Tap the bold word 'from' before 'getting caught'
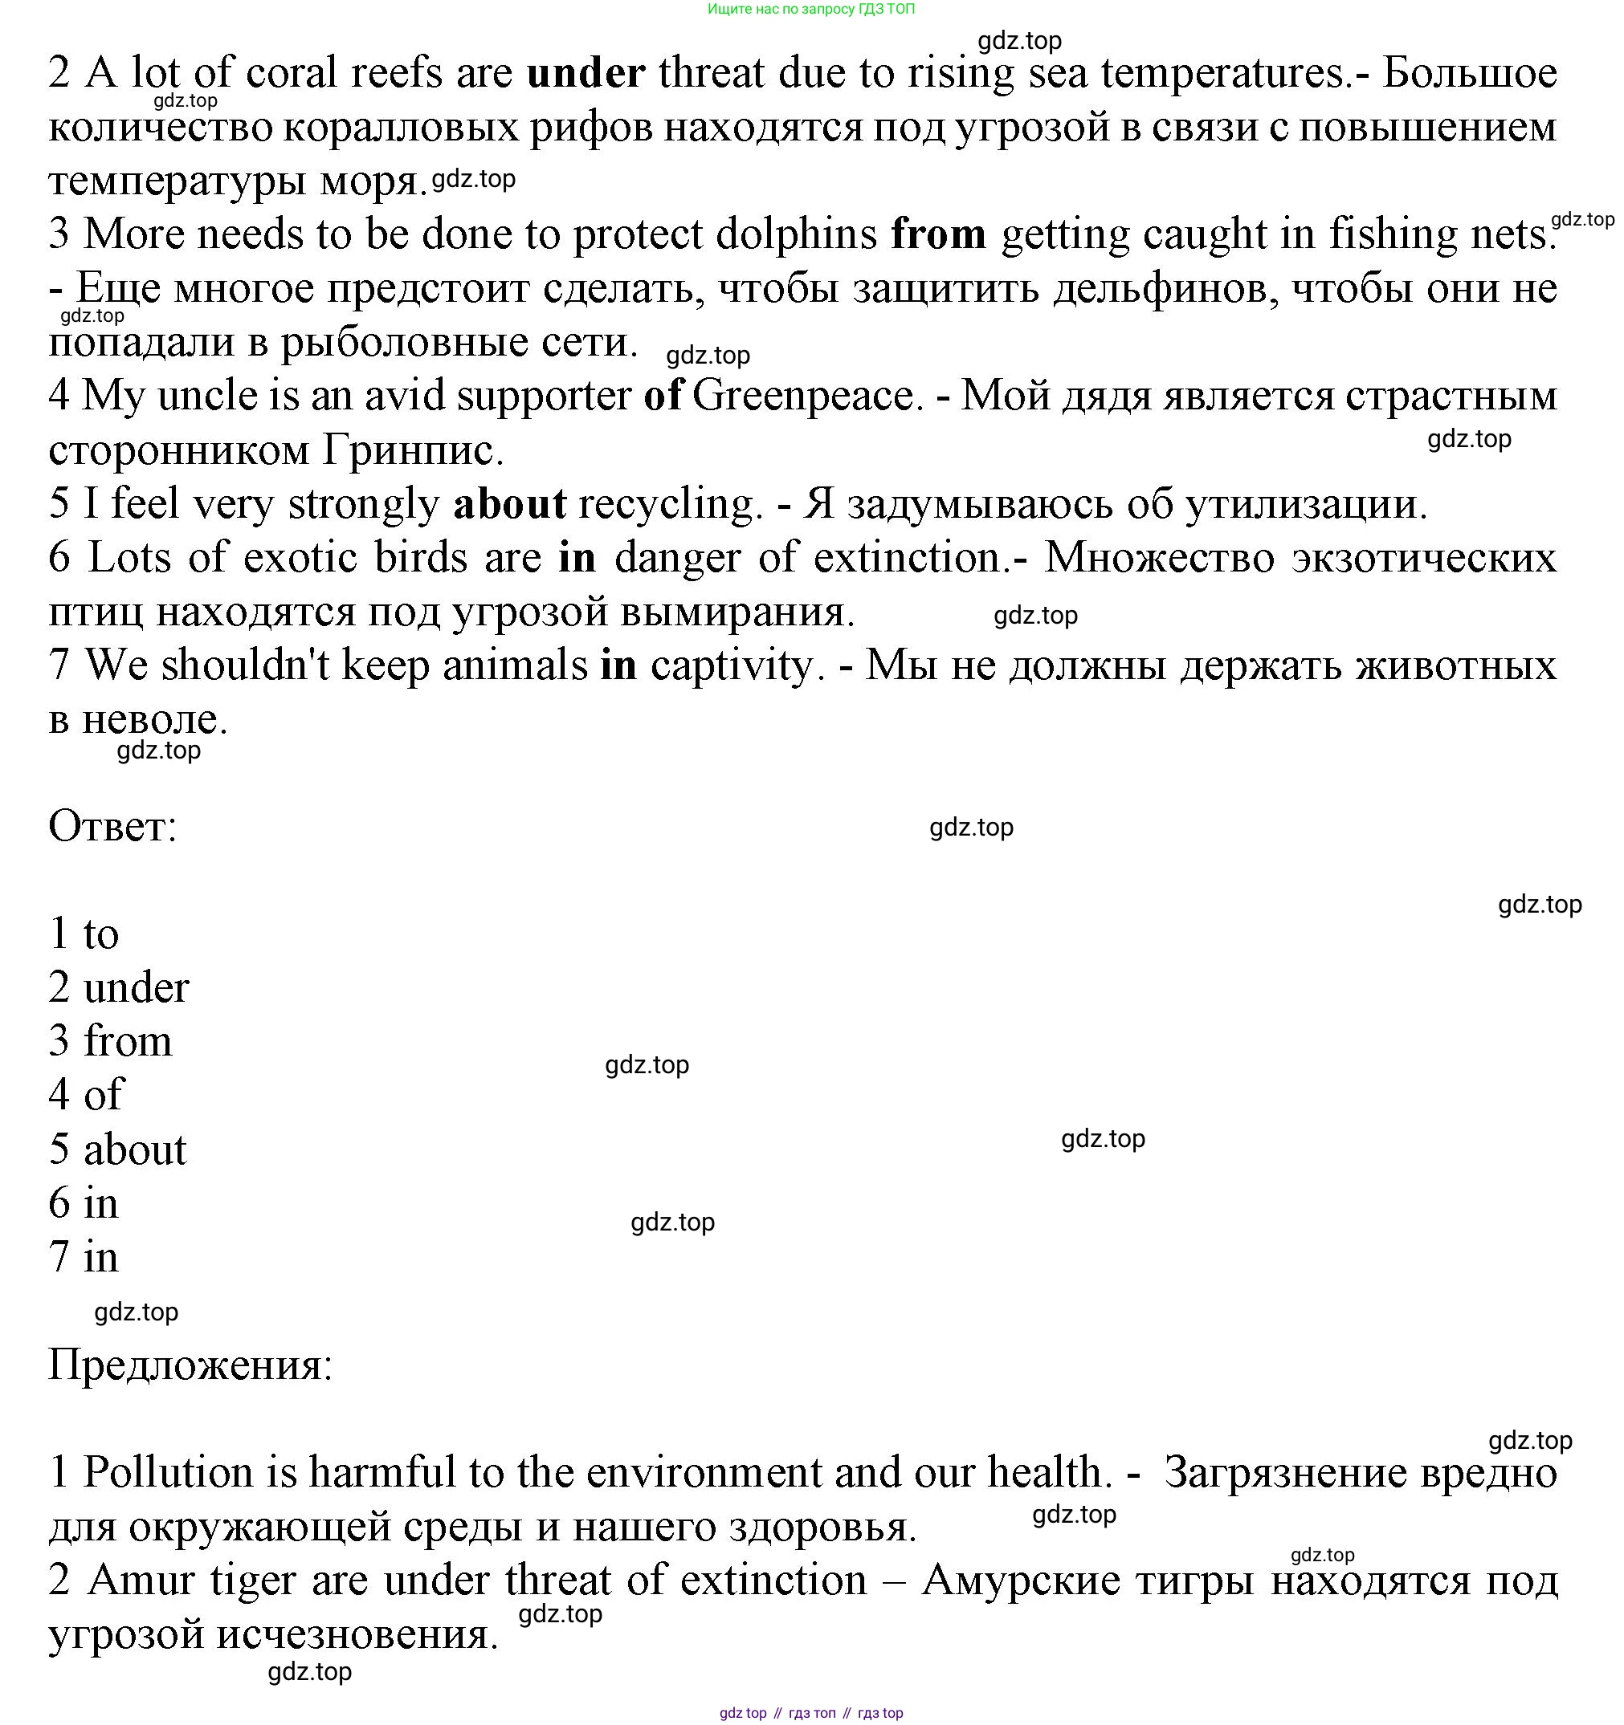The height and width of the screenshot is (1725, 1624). [937, 234]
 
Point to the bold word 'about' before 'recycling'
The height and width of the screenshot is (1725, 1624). [509, 504]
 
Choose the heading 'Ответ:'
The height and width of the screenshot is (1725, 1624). [112, 826]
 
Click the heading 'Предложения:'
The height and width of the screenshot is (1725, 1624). [190, 1365]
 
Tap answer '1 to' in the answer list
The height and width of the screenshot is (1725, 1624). [84, 934]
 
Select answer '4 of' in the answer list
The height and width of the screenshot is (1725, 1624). [86, 1095]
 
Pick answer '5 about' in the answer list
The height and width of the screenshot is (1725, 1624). [117, 1149]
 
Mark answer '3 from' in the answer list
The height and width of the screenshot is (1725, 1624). [110, 1041]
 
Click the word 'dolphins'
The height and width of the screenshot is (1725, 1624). [796, 234]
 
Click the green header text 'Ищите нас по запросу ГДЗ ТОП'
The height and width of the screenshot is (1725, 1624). [810, 10]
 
